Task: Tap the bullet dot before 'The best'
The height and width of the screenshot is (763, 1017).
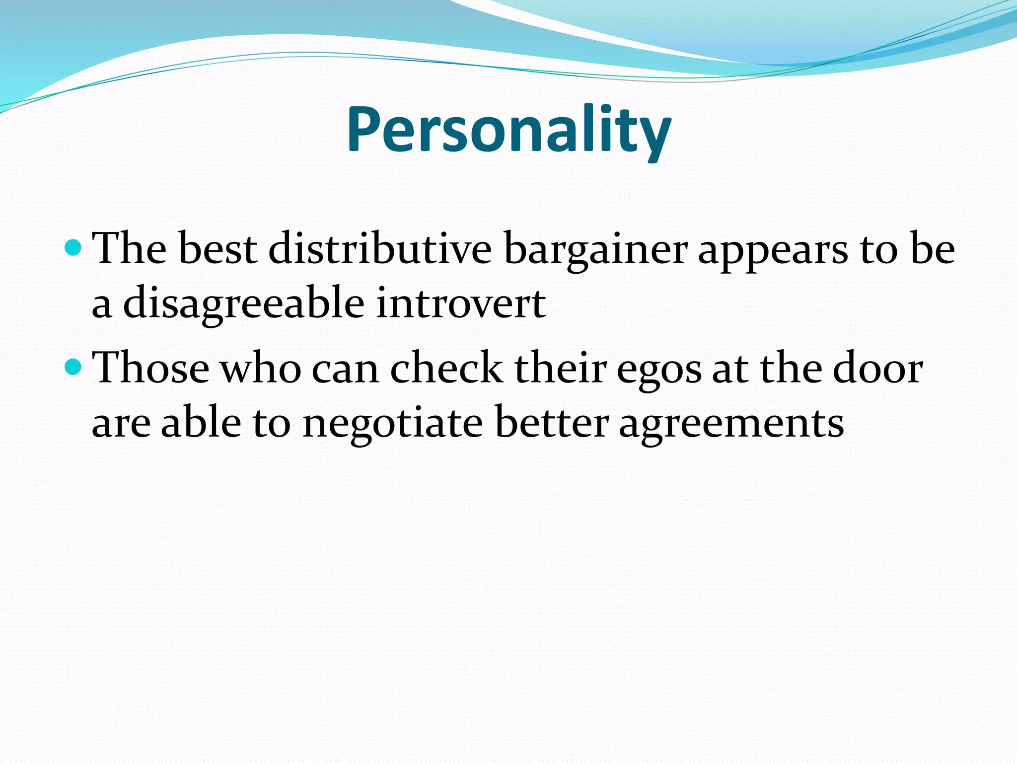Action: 73,246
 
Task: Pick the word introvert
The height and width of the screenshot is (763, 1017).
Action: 461,303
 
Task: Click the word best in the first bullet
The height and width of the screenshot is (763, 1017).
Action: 218,248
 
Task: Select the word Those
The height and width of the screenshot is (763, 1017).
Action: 151,368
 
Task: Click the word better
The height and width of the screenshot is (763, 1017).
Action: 551,423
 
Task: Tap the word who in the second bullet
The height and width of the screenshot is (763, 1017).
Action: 261,368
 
